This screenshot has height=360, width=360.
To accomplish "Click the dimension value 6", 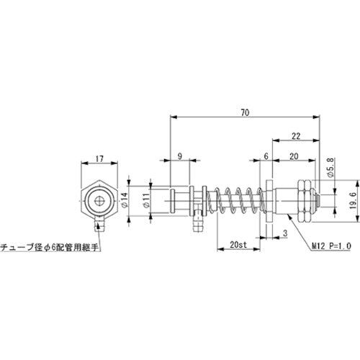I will coord(266,155).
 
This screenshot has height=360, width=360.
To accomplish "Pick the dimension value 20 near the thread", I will coord(293,155).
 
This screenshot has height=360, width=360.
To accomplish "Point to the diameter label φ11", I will coord(146,202).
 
